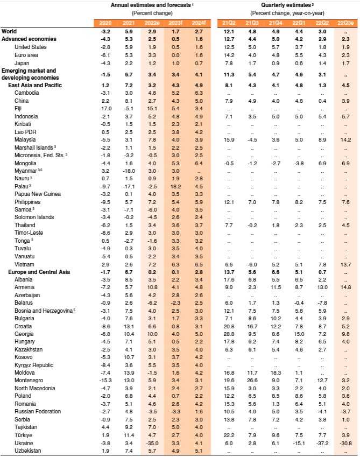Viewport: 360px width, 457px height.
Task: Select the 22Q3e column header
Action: point(344,23)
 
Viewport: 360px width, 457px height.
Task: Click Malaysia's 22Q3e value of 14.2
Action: point(345,139)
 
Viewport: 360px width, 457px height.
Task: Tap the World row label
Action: point(9,31)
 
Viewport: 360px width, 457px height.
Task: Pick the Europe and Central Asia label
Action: point(39,272)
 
